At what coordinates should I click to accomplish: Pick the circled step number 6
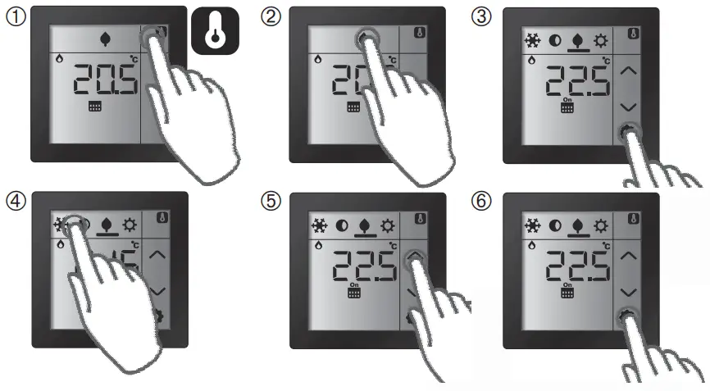[x=483, y=201]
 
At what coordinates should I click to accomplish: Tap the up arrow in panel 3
[x=629, y=72]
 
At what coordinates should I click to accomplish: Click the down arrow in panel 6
[x=629, y=292]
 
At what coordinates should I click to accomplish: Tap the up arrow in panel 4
[x=159, y=255]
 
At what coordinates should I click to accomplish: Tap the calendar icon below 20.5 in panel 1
[x=93, y=107]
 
